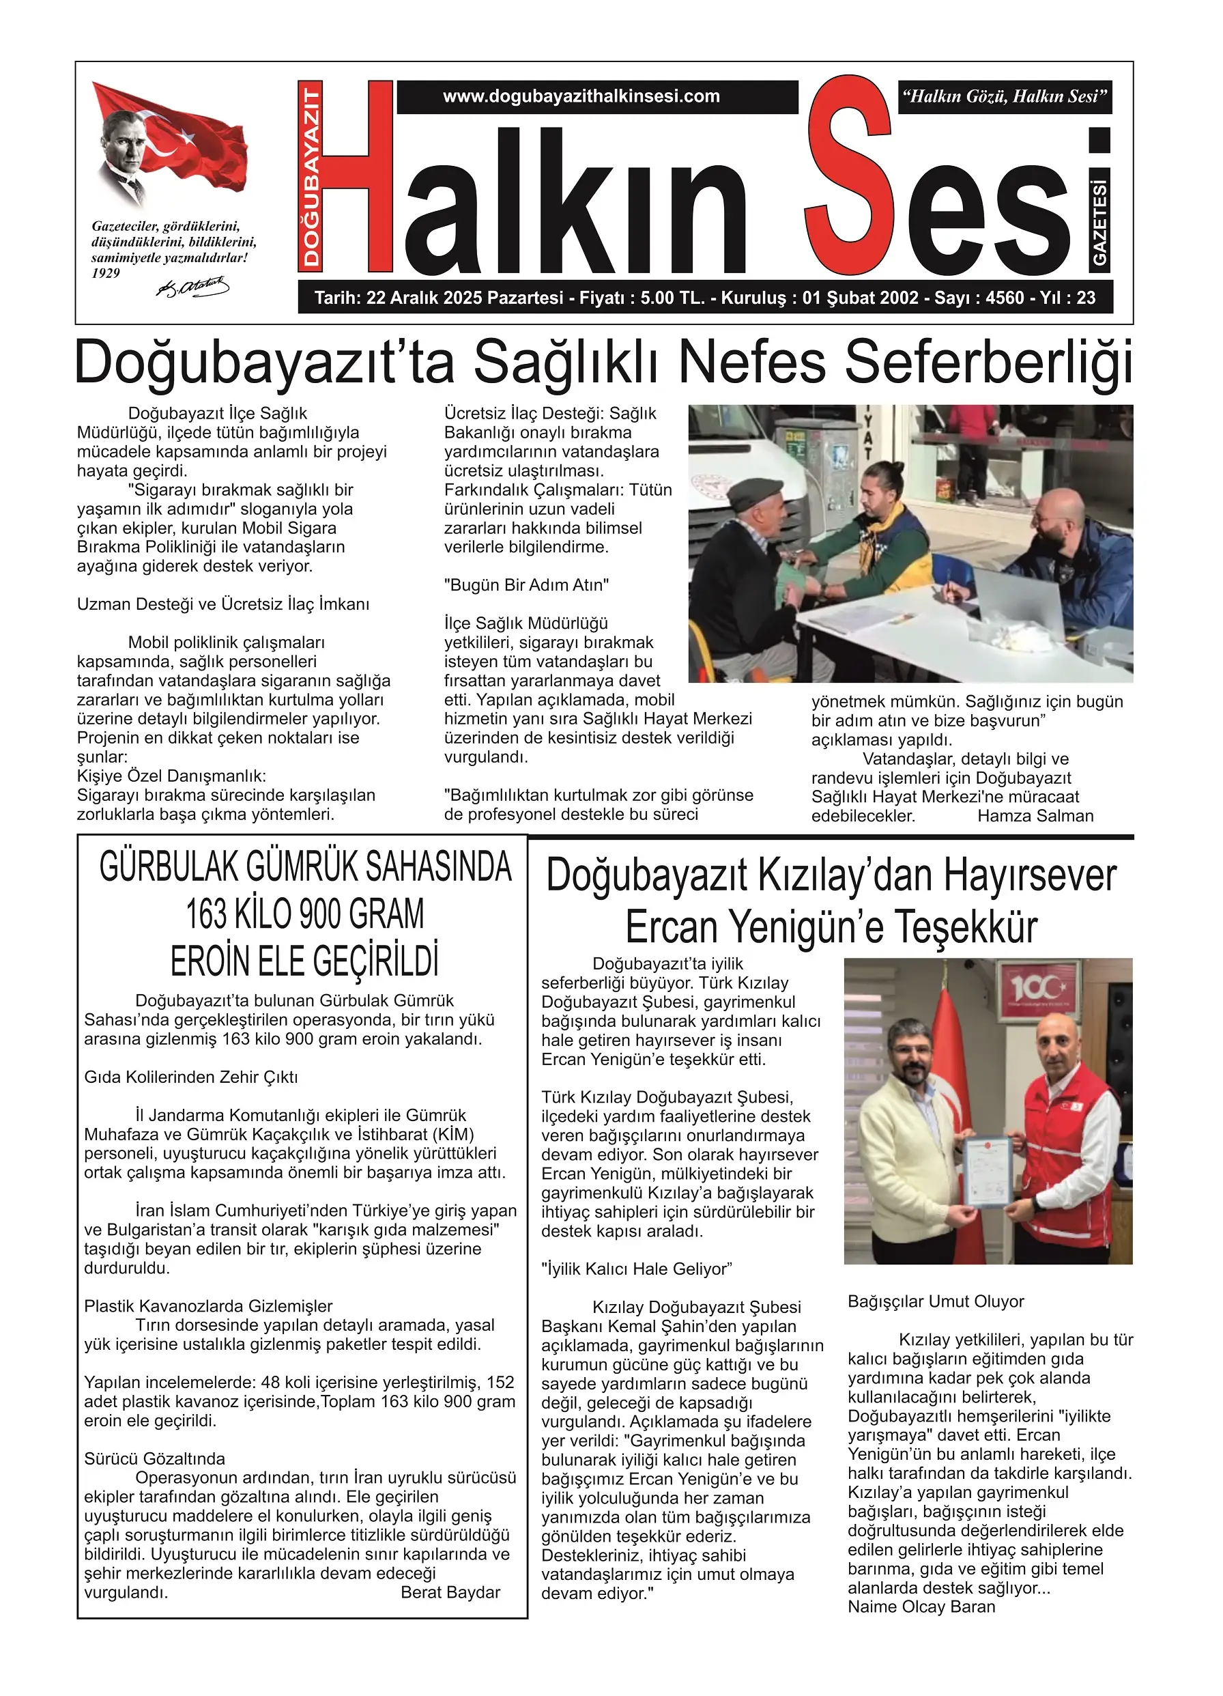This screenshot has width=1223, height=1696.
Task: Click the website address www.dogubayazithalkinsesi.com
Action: tap(581, 96)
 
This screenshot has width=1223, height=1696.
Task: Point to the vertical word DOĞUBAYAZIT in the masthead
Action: tap(312, 175)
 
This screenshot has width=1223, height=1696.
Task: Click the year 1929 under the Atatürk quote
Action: tap(105, 274)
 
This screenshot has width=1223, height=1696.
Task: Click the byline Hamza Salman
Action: tap(1035, 817)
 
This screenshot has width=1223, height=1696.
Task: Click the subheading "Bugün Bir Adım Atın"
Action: tap(527, 586)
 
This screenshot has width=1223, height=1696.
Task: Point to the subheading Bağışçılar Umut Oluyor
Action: tap(936, 1302)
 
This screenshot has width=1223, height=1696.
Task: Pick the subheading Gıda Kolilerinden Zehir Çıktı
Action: tap(190, 1077)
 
